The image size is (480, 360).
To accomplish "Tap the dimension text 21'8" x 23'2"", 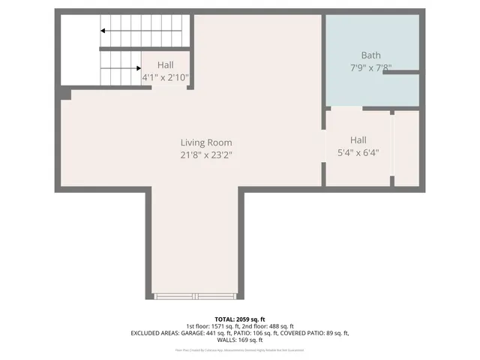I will pos(205,155).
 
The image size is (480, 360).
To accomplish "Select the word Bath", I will pos(370,55).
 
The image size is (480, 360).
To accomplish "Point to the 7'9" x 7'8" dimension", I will pos(370,67).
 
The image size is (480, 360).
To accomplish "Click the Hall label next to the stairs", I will pos(165,65).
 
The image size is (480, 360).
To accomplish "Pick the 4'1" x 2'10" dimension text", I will pos(165,77).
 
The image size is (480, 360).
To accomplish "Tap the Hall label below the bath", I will pos(358,139).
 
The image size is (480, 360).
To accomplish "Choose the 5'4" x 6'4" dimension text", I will pos(358,152).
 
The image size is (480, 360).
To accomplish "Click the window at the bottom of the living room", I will pos(196,296).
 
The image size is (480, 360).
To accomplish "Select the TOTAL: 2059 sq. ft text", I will pos(240,319).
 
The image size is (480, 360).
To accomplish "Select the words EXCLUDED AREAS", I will pos(155,332).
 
